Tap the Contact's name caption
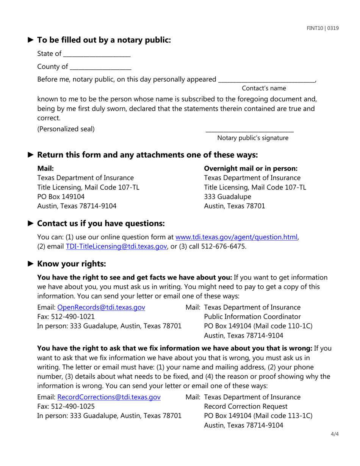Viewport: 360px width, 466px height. [x=264, y=88]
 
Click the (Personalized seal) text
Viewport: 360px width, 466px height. [x=66, y=129]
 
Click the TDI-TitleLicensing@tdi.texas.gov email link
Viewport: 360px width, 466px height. [x=117, y=247]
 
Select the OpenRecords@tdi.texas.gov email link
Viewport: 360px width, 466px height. [x=101, y=307]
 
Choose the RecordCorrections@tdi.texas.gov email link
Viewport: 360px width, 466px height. [x=109, y=397]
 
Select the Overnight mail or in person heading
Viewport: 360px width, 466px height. [x=250, y=168]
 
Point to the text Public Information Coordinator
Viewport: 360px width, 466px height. [x=252, y=317]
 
